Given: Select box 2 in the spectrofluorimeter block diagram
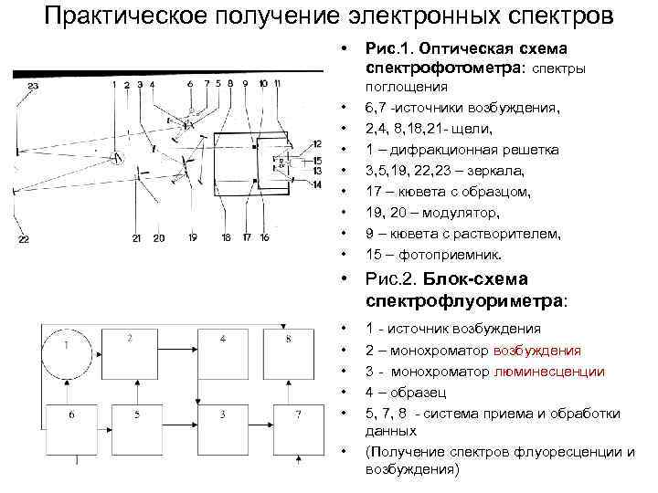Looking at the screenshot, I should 136,351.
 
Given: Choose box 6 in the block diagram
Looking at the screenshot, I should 70,427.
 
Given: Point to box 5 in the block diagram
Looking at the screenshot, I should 136,427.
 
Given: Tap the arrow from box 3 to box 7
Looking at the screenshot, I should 260,426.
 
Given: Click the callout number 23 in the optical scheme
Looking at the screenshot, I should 33,86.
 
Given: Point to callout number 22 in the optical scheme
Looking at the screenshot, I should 24,239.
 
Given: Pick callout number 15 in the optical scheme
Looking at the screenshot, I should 316,161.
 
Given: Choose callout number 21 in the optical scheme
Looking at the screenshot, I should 135,239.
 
